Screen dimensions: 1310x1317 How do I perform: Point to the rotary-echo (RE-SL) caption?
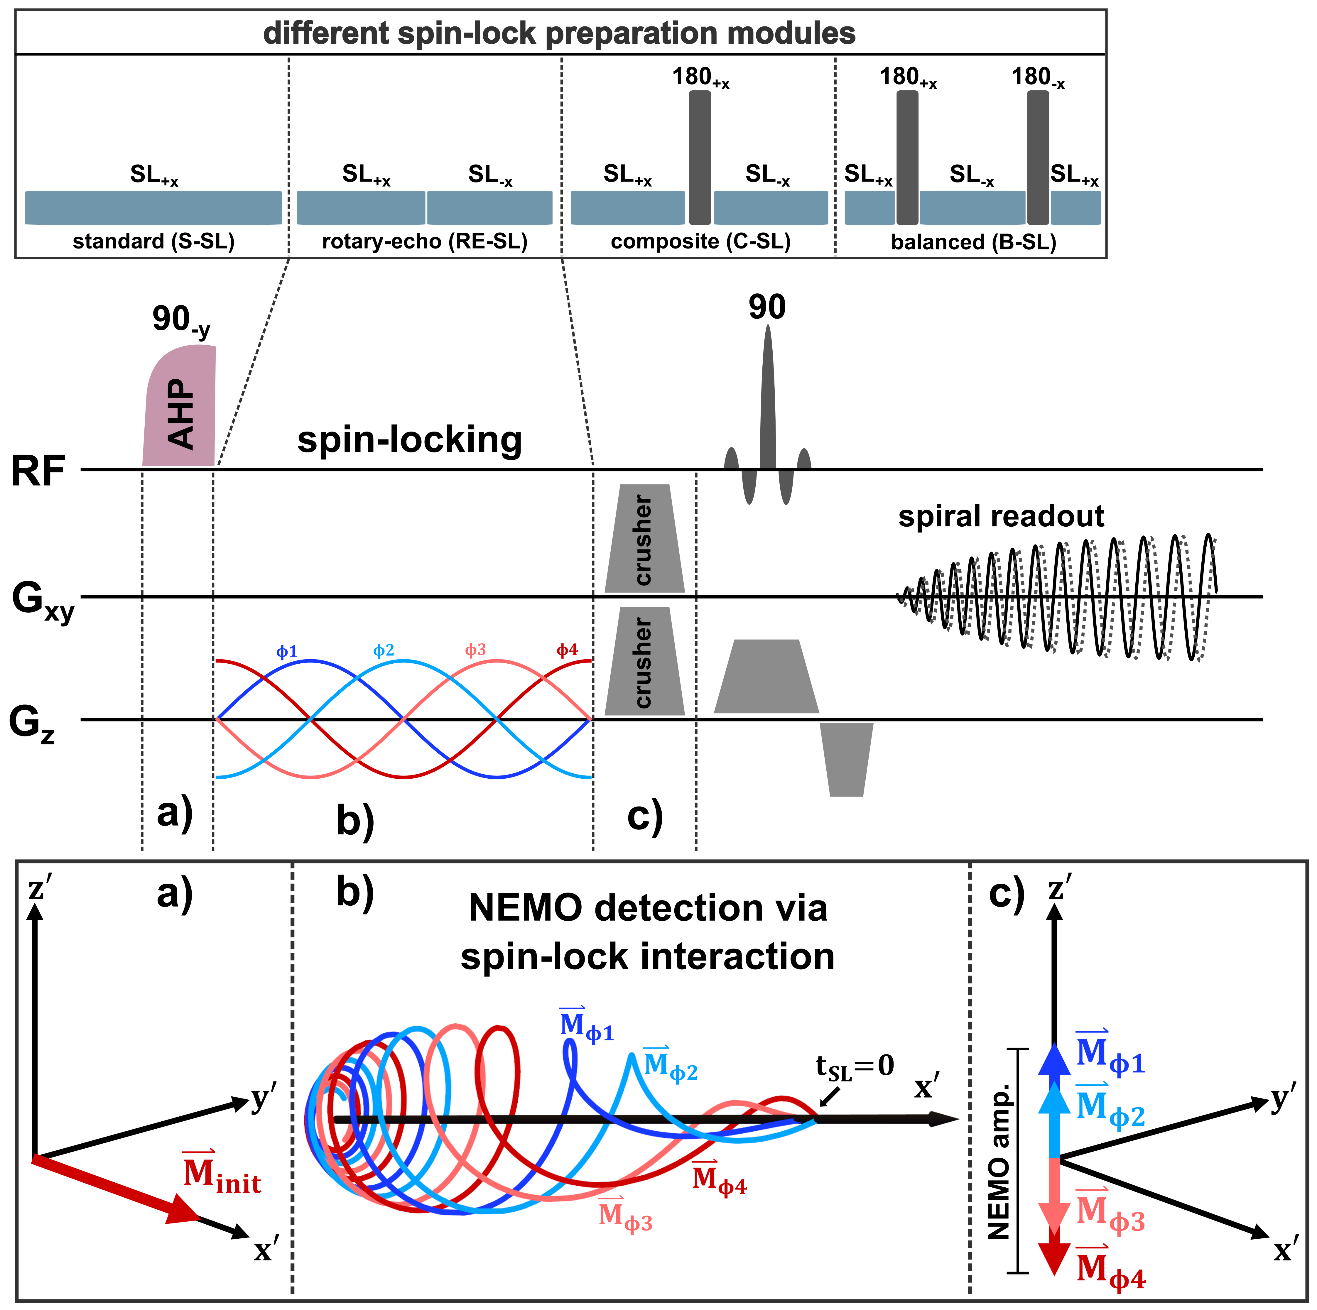425,241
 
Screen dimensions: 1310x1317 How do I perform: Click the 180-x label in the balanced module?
1038,78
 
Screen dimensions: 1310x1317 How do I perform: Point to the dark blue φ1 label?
287,651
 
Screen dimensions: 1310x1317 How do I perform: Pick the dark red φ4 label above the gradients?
567,650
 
